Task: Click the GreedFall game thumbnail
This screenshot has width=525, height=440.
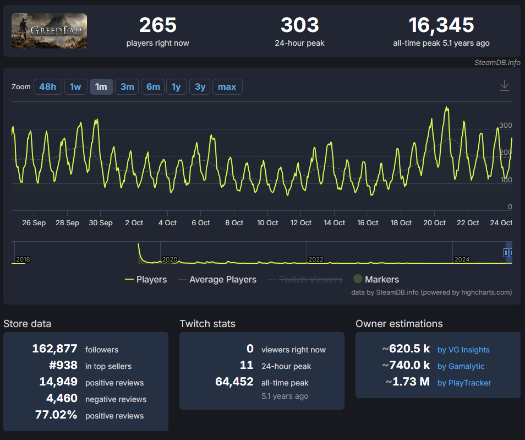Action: click(49, 31)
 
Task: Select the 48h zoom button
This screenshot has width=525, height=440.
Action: click(47, 87)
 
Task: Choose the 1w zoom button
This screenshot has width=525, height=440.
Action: click(76, 87)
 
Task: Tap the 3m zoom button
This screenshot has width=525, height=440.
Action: click(127, 87)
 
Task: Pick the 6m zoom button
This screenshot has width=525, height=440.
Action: click(153, 87)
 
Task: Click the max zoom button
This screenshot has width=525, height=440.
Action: click(227, 87)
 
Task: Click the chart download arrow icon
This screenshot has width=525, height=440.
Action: click(505, 85)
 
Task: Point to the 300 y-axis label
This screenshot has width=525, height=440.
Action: click(506, 126)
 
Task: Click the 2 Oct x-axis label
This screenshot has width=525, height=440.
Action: click(134, 223)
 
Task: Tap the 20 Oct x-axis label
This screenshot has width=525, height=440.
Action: click(434, 223)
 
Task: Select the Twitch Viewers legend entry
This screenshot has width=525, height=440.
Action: click(305, 280)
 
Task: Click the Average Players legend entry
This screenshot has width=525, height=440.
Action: click(217, 280)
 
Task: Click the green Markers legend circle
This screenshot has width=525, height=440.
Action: click(358, 279)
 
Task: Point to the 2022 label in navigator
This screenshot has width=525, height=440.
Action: click(316, 259)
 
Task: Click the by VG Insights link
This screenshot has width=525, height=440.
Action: click(463, 350)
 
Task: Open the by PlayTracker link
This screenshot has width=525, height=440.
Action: click(464, 383)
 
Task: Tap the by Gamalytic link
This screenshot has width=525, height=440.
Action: click(461, 366)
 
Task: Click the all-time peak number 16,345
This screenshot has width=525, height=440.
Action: click(441, 25)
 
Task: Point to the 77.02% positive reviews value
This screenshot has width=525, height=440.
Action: click(56, 415)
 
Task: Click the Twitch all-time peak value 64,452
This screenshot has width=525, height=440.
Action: click(234, 382)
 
